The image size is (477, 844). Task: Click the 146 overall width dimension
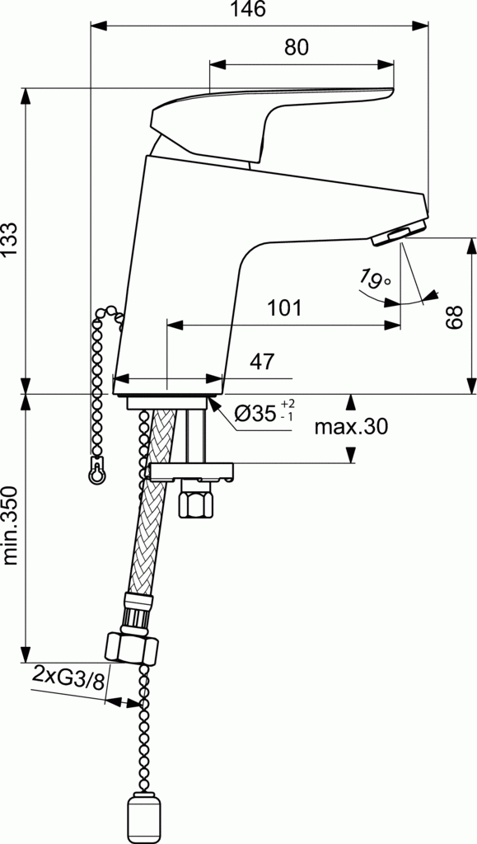coord(249,10)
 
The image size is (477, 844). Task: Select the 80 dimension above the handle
coord(296,49)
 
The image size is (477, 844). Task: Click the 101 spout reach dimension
coord(284,309)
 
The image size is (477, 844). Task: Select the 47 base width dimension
coord(261,362)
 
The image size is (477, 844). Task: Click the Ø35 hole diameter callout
coord(255,414)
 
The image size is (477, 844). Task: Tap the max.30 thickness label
coord(351,427)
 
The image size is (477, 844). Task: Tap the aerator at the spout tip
coord(398,233)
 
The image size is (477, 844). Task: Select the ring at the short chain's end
coord(97,474)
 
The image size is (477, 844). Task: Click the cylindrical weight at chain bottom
coord(146,819)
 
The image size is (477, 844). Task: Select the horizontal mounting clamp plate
coord(190,471)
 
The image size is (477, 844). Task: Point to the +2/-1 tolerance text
coord(287,410)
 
